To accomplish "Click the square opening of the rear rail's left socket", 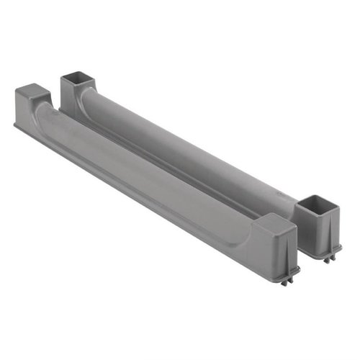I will pyautogui.click(x=74, y=76).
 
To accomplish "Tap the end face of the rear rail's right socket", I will pyautogui.click(x=328, y=227).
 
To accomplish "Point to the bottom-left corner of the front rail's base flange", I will pyautogui.click(x=16, y=128).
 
